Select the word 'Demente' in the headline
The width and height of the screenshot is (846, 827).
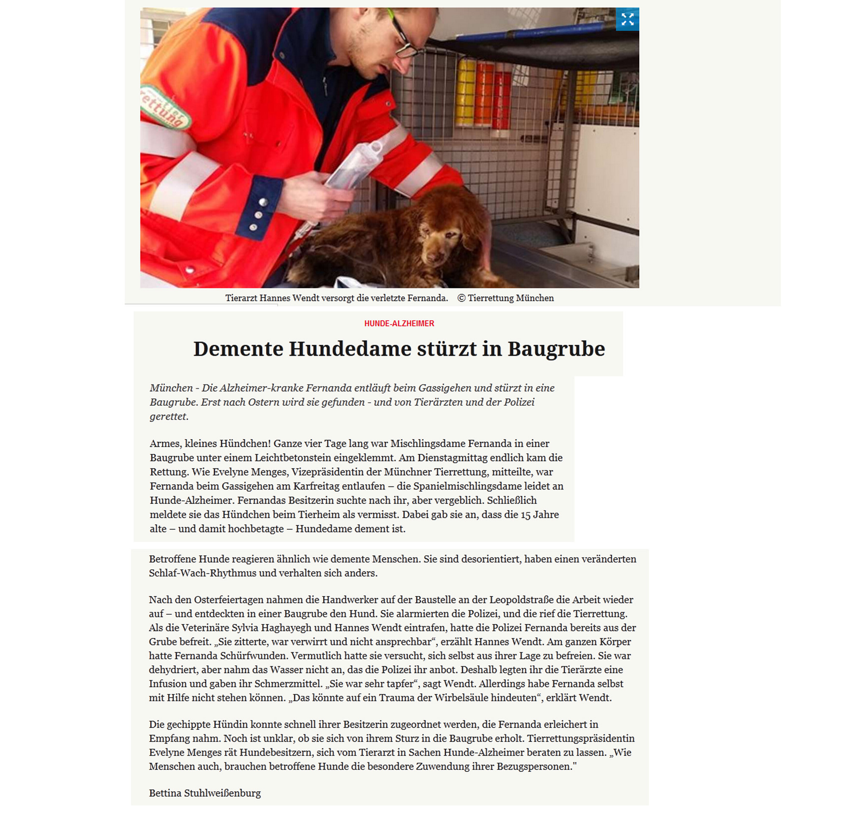pos(238,349)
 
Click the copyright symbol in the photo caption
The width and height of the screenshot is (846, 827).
pos(461,298)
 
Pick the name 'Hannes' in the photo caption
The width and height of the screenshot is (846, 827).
pos(275,298)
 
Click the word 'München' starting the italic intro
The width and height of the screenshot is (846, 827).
pos(171,388)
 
